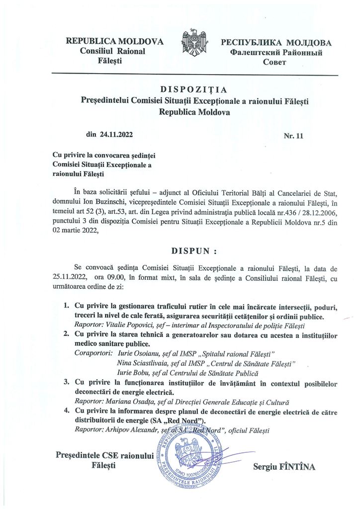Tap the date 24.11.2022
click(x=116, y=134)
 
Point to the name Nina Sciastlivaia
click(x=140, y=364)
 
